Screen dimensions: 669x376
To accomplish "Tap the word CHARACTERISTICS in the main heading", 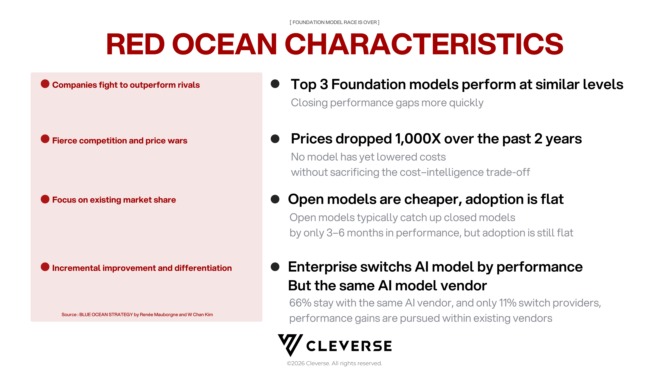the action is [424, 44].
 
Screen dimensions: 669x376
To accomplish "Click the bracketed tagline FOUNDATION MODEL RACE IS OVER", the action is [334, 22].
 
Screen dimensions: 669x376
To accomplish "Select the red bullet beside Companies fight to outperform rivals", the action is [45, 84].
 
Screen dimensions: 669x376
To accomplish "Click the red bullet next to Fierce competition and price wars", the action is [45, 139].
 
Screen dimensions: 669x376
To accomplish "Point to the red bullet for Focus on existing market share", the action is [45, 199].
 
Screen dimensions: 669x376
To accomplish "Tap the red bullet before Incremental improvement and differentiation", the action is [45, 267].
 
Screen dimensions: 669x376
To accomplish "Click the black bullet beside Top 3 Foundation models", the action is [275, 84].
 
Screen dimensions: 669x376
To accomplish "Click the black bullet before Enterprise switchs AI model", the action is [275, 267].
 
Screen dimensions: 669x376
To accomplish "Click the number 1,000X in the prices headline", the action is [418, 139].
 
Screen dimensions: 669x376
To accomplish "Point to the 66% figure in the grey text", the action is [300, 303].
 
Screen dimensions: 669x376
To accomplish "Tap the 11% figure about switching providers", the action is [507, 303].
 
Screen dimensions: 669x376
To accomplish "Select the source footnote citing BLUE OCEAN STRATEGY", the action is [137, 315].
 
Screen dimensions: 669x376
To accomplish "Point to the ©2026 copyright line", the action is [334, 363].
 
